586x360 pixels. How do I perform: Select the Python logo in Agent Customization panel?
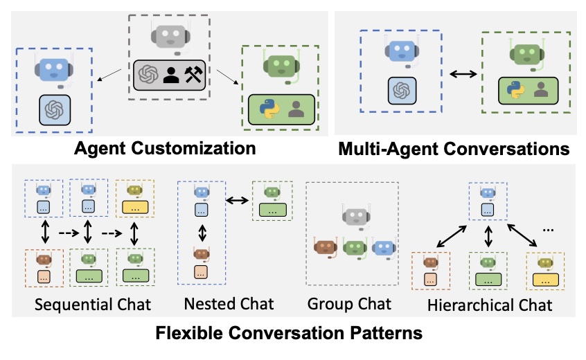tap(267, 109)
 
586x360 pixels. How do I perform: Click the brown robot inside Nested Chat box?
tap(201, 254)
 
